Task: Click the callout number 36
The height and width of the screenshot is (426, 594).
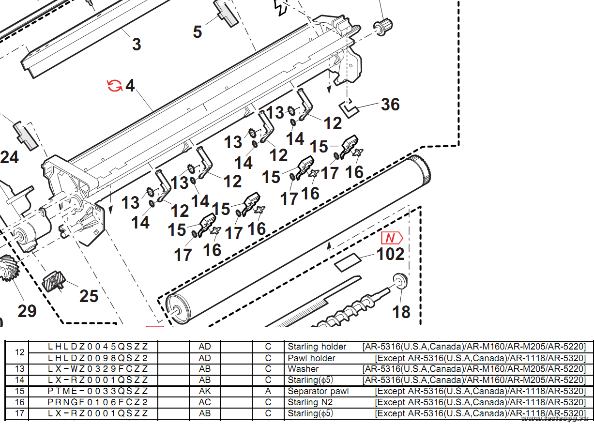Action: click(390, 104)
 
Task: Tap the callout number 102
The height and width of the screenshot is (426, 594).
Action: click(390, 254)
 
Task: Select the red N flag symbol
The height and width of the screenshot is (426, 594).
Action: click(392, 238)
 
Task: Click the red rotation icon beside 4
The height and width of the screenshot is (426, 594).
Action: click(115, 86)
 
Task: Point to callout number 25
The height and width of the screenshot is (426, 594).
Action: click(89, 296)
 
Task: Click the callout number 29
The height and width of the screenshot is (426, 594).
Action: click(27, 311)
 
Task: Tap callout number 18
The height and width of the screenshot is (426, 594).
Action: click(401, 312)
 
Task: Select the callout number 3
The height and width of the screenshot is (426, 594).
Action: click(137, 45)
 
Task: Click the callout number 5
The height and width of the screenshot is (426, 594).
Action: click(198, 32)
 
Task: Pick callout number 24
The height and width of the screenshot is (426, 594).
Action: click(10, 157)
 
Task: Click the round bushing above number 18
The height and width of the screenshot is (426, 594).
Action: click(400, 281)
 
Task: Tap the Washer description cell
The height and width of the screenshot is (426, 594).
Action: click(303, 369)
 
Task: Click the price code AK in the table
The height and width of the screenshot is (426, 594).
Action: click(205, 391)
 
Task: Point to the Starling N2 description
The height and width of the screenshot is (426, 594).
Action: click(310, 402)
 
